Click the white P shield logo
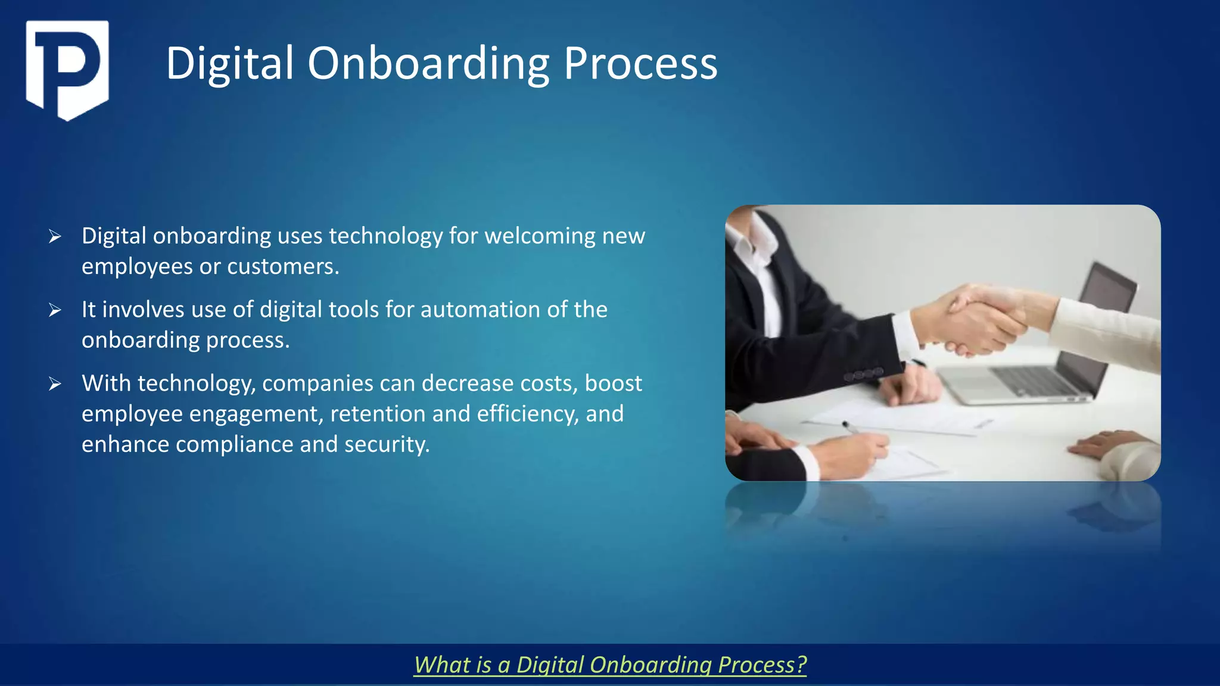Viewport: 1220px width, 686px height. [x=67, y=69]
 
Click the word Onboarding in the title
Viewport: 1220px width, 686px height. [x=428, y=64]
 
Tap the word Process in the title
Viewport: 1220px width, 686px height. [x=640, y=64]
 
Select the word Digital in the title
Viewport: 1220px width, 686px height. [x=230, y=64]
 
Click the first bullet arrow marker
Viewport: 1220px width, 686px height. [x=55, y=237]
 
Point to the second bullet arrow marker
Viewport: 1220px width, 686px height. [x=55, y=310]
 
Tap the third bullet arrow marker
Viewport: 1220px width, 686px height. [x=55, y=384]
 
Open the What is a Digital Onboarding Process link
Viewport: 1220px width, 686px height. [x=610, y=665]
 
